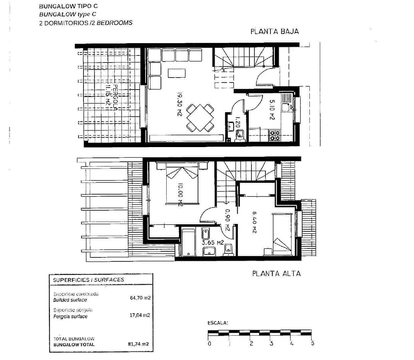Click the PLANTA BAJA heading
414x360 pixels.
(274, 31)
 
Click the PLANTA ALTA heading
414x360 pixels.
(276, 273)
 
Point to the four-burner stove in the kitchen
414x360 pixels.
(275, 135)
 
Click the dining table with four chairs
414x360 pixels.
(200, 118)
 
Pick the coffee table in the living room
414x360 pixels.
(177, 73)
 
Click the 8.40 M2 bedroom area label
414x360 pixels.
(254, 222)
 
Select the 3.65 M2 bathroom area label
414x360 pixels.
(213, 243)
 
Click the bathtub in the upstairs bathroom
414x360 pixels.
(189, 243)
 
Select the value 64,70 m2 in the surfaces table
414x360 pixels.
(140, 297)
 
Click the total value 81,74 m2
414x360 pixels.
(138, 344)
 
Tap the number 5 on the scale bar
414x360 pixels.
(313, 343)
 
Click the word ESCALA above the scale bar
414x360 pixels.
(218, 323)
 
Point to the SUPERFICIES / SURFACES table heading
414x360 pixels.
(88, 280)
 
